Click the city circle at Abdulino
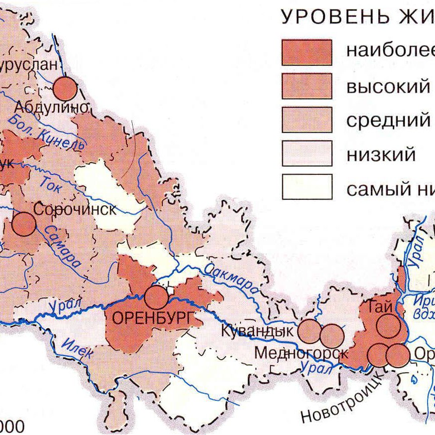(65, 89)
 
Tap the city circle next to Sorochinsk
(24, 224)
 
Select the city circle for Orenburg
(156, 297)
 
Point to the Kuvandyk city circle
(309, 331)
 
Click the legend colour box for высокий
(306, 86)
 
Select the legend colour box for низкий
(306, 153)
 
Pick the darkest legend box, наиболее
(306, 52)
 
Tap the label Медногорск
(301, 353)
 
